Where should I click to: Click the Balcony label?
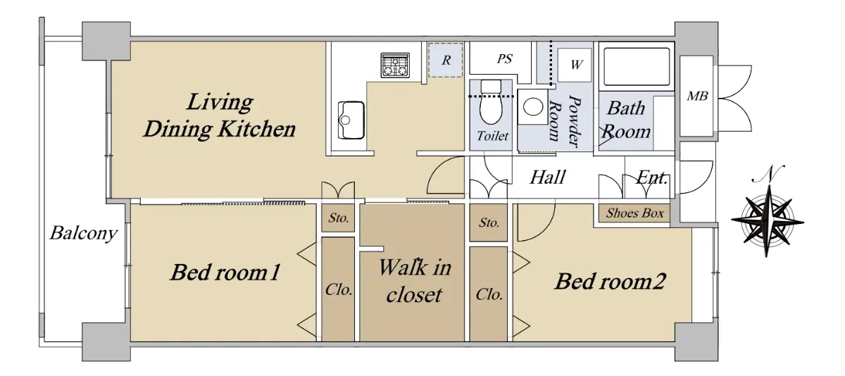pos(84,233)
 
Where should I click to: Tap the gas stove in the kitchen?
pos(395,65)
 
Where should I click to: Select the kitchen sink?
pos(351,120)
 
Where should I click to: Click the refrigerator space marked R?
pos(446,61)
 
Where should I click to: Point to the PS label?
pos(505,59)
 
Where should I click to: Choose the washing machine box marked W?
pos(575,65)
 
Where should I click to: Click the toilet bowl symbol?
pos(491,102)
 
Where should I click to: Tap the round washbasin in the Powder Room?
pos(533,107)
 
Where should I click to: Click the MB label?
pos(697,96)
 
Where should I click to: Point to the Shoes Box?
pos(634,213)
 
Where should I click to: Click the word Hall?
pos(548,177)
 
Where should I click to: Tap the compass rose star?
pos(768,221)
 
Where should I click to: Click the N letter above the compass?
pos(769,174)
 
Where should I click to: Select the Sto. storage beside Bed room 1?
pos(338,218)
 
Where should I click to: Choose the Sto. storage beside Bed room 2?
pos(489,223)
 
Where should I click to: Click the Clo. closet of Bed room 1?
pos(338,289)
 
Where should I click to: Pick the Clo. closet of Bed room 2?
pos(489,294)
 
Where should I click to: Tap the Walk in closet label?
pos(415,281)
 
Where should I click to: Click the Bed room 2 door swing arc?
pos(544,231)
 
